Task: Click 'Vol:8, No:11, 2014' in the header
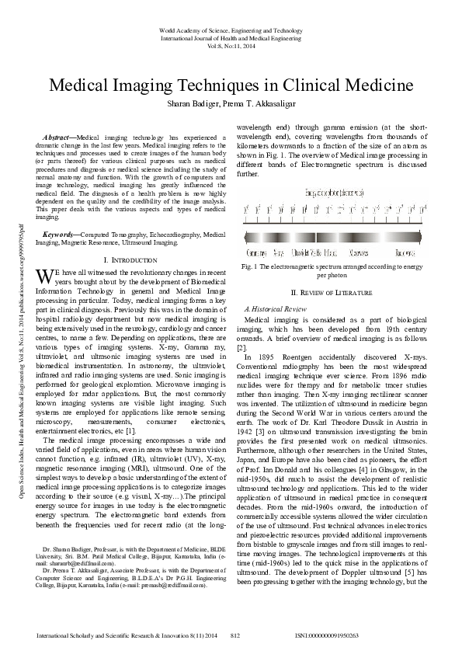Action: click(231, 44)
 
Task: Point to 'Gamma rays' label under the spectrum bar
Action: click(257, 252)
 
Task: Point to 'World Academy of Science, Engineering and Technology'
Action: click(231, 30)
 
